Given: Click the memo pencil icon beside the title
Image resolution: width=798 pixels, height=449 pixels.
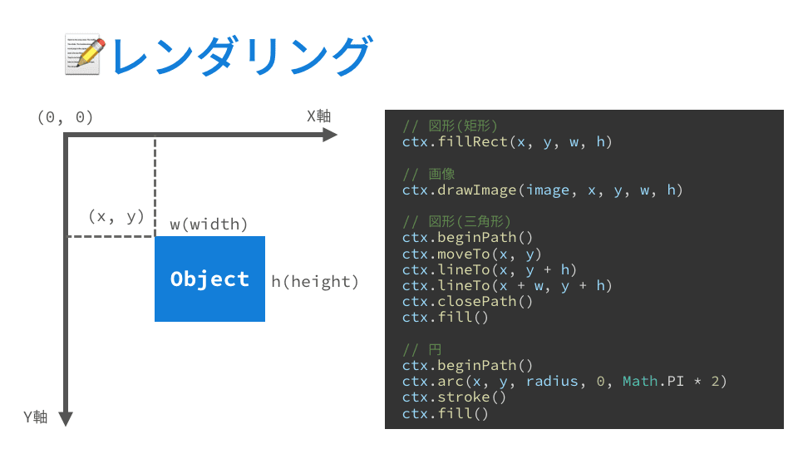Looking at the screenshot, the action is point(83,55).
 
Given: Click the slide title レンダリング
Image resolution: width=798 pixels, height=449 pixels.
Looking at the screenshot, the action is point(240,56).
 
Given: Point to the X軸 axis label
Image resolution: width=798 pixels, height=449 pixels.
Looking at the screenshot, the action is point(318,116).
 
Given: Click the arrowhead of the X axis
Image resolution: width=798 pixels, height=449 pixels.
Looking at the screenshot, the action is point(330,136).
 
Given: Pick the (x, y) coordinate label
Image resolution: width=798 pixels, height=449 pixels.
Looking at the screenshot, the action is point(116,216).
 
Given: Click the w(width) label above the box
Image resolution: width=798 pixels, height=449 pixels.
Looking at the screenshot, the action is point(209,224).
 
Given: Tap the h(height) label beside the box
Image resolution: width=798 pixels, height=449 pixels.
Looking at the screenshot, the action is point(315,282).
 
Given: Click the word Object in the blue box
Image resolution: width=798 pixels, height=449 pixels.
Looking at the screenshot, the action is point(209,279).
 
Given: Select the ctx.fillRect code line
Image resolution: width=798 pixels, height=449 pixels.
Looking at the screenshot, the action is point(507,142).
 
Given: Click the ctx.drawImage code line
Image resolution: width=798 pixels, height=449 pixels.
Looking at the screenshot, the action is point(542,190).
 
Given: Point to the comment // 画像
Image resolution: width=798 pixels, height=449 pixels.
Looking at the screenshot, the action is point(429,175).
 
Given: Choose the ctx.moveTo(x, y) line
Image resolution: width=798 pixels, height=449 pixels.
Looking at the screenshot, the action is point(472,254).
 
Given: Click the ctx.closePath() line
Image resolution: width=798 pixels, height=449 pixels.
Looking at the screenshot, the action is point(468,302).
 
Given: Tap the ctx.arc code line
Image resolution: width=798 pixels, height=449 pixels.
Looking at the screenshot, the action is point(564,381).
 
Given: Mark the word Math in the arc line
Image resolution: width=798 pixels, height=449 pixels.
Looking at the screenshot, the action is point(639,381).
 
